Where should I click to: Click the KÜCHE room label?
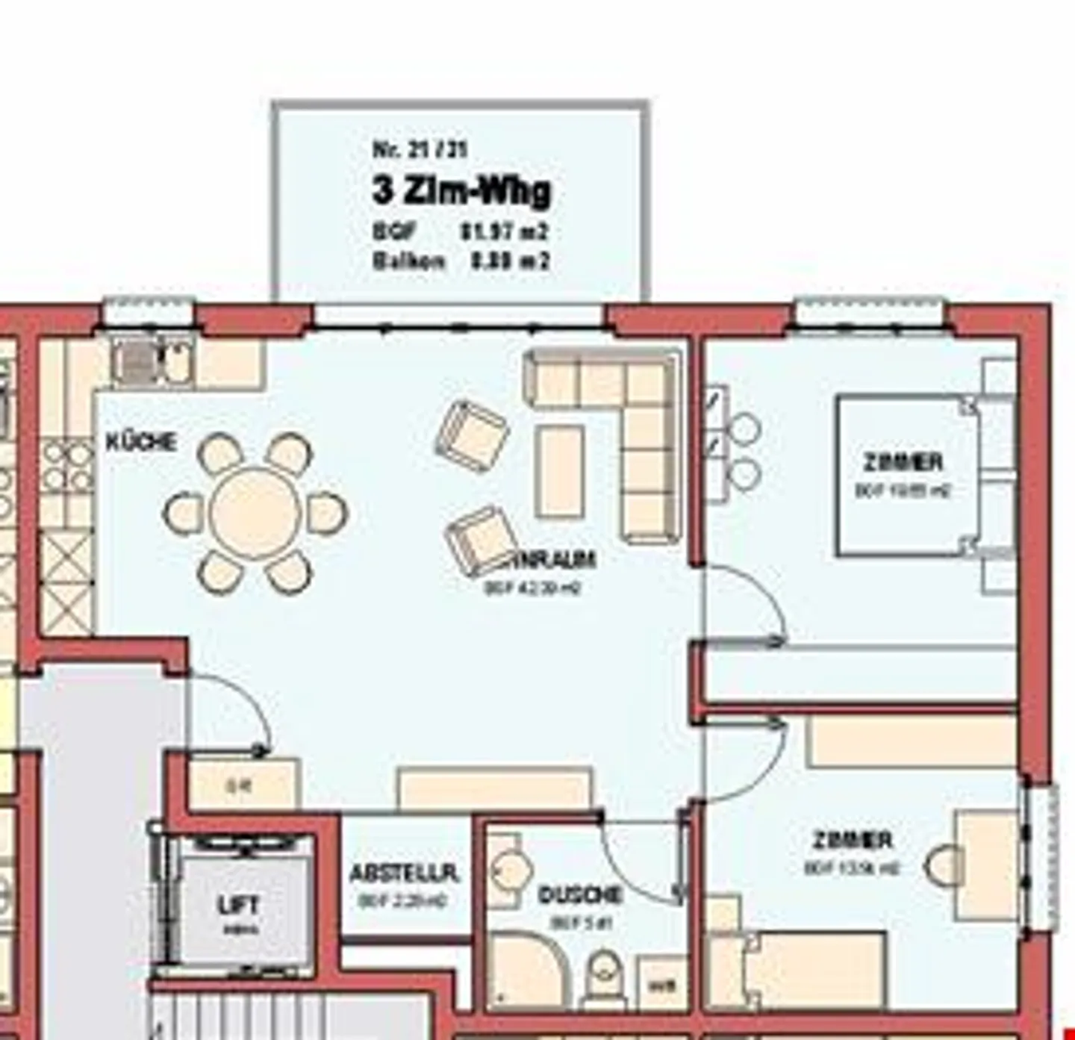click(141, 442)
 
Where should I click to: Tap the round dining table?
click(255, 513)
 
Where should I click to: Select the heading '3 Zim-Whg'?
click(461, 191)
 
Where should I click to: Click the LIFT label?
click(238, 905)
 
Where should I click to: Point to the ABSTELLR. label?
click(404, 873)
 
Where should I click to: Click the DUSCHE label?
click(579, 894)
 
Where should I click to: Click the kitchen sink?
click(136, 362)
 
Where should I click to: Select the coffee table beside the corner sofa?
click(560, 470)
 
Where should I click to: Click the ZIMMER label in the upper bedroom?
click(903, 462)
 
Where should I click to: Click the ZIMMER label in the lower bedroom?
click(852, 840)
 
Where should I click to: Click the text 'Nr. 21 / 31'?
click(420, 149)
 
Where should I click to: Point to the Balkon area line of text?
click(461, 261)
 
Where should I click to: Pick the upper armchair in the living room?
click(472, 436)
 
